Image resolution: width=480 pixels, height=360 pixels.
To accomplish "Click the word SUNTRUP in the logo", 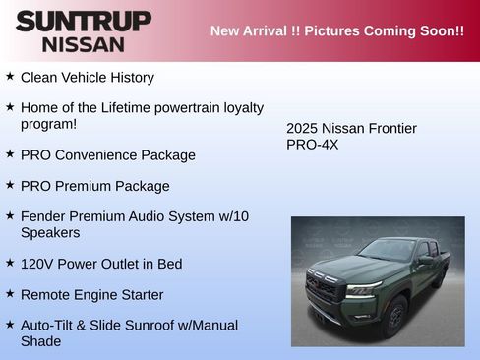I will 84,21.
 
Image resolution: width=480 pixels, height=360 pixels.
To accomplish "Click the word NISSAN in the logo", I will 84,44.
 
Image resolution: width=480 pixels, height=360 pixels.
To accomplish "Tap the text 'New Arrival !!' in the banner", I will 255,30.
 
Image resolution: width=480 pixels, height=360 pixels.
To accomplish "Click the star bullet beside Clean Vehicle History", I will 10,76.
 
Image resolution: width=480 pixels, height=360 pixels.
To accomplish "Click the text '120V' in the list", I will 37,264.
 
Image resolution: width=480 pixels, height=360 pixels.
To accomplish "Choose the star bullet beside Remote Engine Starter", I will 10,294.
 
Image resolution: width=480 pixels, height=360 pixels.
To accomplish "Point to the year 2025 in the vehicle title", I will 303,128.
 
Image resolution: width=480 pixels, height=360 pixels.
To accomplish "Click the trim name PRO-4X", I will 312,144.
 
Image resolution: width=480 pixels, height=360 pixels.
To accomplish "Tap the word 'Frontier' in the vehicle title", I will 390,128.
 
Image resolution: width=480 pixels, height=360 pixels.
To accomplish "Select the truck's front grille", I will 325,288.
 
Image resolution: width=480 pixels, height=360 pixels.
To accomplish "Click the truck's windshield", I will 388,251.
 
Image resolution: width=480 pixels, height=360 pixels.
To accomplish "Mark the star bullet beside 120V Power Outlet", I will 10,263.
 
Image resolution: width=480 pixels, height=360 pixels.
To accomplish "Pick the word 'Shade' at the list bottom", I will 40,341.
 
